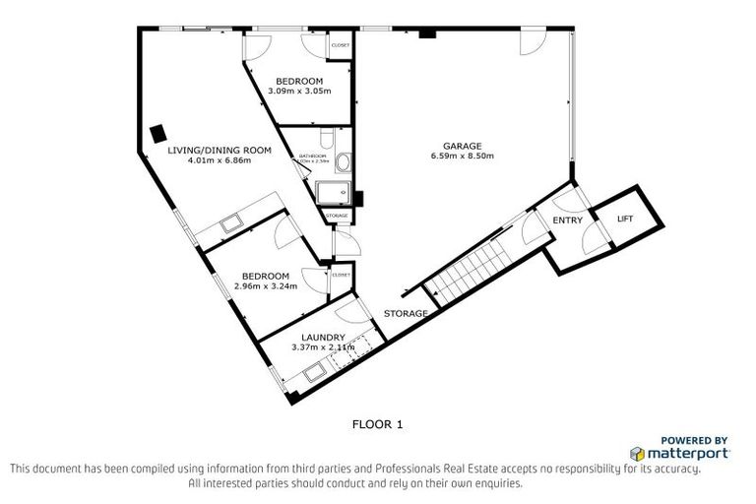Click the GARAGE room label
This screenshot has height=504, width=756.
pyautogui.click(x=462, y=146)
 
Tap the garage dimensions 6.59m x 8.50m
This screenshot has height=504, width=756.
pyautogui.click(x=462, y=157)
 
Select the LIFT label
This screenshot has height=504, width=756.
pyautogui.click(x=625, y=219)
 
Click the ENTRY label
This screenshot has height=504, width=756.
pyautogui.click(x=567, y=220)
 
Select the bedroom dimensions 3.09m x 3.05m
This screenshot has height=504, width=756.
pyautogui.click(x=299, y=91)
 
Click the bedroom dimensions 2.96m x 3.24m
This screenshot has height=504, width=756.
pyautogui.click(x=266, y=285)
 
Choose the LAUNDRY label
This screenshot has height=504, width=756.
pyautogui.click(x=324, y=337)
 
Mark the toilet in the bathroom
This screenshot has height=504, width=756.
pyautogui.click(x=330, y=138)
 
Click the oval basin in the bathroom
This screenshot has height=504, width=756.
pyautogui.click(x=344, y=162)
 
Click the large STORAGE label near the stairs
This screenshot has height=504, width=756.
pyautogui.click(x=406, y=314)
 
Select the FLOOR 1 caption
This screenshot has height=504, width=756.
pyautogui.click(x=378, y=425)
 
